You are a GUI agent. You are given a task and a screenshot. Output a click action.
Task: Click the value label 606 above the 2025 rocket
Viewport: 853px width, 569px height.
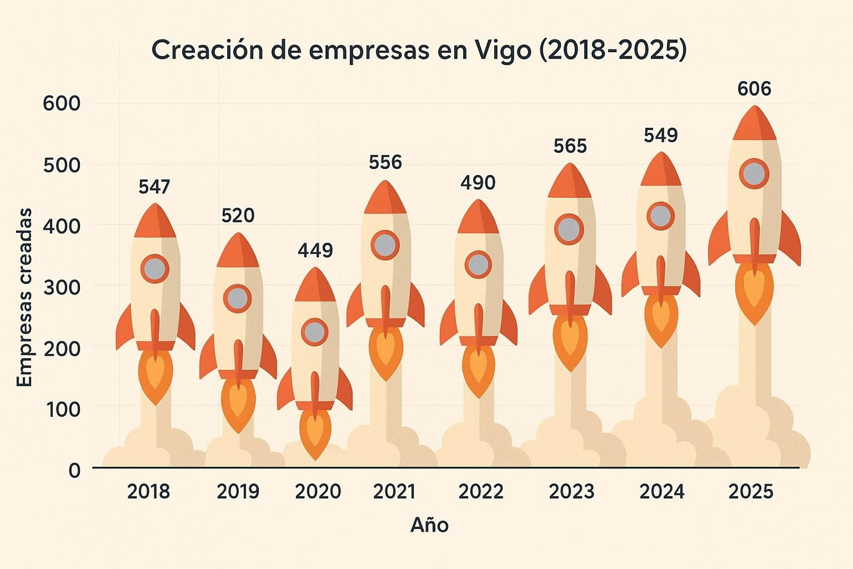(x=754, y=89)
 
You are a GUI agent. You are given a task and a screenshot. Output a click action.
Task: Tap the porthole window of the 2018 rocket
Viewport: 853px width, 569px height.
(x=155, y=269)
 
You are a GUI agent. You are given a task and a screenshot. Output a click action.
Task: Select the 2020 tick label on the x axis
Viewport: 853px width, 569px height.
(x=318, y=492)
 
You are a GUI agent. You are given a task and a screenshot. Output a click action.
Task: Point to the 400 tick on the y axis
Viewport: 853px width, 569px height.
(x=61, y=226)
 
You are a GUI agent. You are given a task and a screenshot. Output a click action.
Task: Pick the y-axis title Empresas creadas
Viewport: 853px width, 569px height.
(x=25, y=297)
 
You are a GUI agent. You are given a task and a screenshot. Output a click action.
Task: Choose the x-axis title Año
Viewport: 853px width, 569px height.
(x=429, y=525)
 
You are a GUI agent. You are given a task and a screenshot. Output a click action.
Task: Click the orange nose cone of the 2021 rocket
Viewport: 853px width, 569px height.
(x=385, y=198)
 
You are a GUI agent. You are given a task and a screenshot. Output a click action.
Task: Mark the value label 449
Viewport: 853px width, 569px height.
(x=315, y=250)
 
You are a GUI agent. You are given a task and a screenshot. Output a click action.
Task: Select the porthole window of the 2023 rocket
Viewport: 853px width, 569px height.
(x=569, y=229)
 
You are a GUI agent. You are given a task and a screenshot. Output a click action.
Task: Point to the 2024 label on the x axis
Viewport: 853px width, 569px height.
(x=662, y=492)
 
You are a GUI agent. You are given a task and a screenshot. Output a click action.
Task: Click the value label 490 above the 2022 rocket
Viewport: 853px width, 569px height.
(x=478, y=183)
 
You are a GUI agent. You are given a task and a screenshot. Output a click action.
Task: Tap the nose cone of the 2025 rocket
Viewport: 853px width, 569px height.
(x=754, y=124)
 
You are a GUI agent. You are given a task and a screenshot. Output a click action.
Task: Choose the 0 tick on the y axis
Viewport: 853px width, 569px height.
(x=74, y=470)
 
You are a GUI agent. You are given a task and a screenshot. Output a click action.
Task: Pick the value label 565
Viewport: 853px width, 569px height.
(x=570, y=146)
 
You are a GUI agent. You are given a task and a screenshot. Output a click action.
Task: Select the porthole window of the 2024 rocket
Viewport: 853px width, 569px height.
(x=661, y=216)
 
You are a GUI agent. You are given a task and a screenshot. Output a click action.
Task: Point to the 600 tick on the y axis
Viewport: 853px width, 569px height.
(x=61, y=103)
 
